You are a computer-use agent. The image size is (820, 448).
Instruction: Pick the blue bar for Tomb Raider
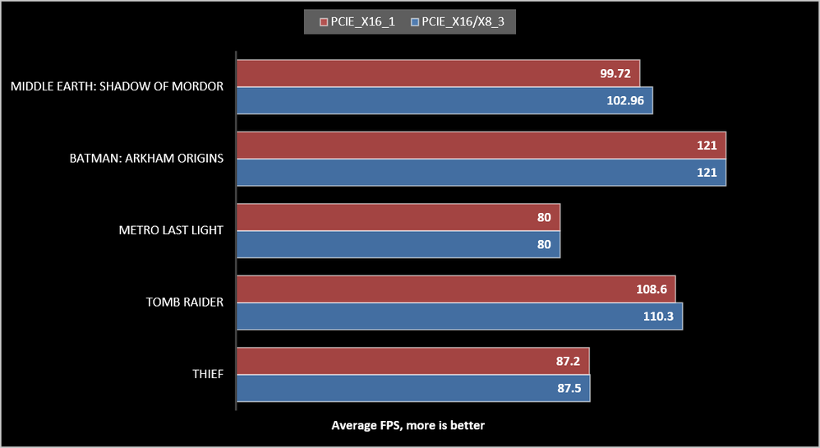coord(459,316)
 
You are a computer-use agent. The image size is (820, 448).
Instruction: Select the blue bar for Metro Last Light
coord(398,244)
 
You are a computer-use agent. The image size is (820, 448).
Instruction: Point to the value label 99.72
coord(615,73)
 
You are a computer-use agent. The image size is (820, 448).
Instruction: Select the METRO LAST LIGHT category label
coord(171,230)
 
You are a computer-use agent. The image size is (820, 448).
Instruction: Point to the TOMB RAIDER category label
coord(185,303)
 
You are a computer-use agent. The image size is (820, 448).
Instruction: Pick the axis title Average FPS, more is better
coord(408,425)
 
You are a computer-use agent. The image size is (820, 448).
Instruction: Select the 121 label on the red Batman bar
coord(707,145)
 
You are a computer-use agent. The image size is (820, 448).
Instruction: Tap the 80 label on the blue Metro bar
coord(544,244)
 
